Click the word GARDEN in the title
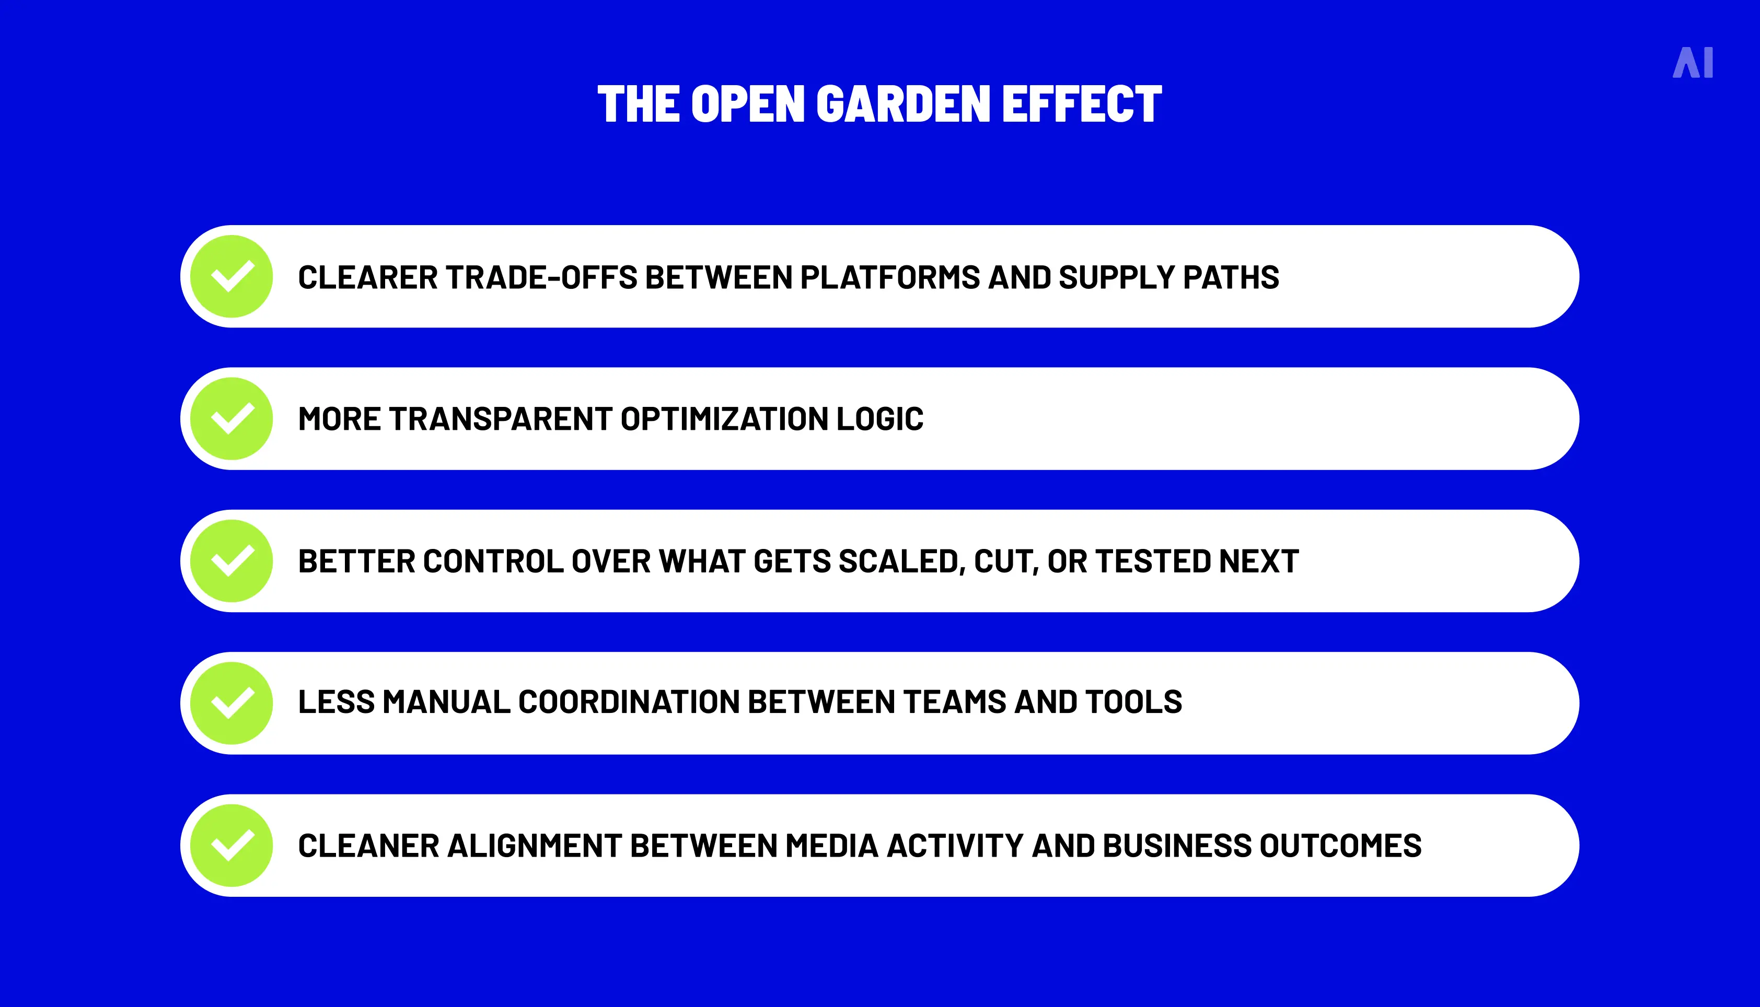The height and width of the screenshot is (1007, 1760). tap(904, 104)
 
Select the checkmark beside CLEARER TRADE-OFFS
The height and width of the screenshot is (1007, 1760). tap(232, 277)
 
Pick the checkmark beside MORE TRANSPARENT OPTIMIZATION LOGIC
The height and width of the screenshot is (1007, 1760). tap(232, 419)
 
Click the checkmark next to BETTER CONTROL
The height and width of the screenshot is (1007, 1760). tap(232, 561)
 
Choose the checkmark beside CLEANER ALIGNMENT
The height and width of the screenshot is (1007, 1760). tap(232, 846)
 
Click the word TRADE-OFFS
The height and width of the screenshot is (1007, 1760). tap(541, 277)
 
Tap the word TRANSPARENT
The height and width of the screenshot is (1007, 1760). tap(500, 419)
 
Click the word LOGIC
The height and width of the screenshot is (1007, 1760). tap(879, 419)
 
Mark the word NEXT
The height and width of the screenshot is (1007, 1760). tap(1258, 561)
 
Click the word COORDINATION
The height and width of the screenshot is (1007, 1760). tap(629, 702)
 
